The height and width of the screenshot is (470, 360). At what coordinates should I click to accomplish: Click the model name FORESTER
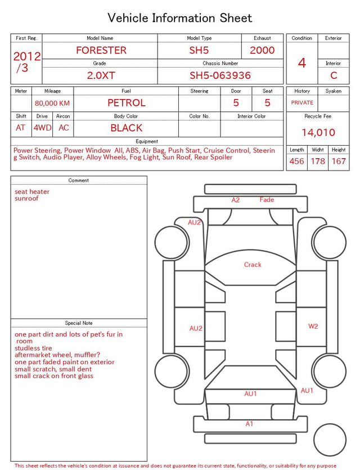point(101,50)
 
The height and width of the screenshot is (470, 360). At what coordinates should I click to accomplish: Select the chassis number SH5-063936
point(220,75)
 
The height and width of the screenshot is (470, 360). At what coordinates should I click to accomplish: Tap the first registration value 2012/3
point(26,62)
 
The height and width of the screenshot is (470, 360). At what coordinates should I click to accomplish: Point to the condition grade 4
point(302,63)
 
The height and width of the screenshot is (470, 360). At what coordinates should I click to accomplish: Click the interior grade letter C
point(334,75)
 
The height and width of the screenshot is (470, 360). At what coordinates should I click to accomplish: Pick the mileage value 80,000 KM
point(52,104)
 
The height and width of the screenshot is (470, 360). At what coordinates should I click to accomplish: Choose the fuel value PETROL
point(127,103)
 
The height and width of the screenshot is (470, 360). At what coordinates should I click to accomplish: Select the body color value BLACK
point(127,128)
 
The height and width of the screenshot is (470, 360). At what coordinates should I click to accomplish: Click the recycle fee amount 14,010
point(318,132)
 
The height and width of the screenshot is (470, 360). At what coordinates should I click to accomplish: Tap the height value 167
point(339,161)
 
